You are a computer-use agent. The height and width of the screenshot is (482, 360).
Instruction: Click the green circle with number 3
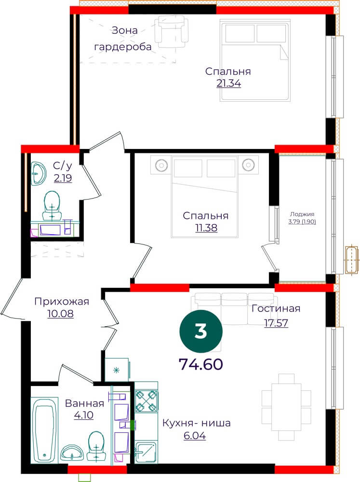tap(201, 332)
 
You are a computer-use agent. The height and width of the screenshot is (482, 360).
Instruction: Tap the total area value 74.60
tap(201, 364)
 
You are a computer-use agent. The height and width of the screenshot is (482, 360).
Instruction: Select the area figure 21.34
tap(229, 83)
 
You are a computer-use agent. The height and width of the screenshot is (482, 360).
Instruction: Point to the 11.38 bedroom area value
tap(206, 228)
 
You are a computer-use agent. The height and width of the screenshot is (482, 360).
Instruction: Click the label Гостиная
tap(276, 308)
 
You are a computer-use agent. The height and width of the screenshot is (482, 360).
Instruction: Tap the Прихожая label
tap(62, 302)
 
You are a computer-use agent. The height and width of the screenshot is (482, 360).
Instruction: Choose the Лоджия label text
tap(302, 214)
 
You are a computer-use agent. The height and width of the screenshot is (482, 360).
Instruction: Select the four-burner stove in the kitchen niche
tap(147, 401)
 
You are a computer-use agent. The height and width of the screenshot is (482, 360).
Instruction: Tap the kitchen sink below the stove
tap(147, 452)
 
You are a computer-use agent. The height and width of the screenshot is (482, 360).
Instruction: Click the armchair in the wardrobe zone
tap(171, 30)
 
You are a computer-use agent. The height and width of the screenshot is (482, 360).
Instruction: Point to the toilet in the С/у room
tap(52, 206)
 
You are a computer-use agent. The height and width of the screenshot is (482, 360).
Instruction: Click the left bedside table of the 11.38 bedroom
tap(161, 165)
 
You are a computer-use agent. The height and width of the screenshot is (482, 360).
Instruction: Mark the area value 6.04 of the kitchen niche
tap(195, 436)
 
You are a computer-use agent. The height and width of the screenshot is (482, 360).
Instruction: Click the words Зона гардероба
tap(123, 39)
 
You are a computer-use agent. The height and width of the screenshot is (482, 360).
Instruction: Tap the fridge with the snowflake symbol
tap(117, 370)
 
